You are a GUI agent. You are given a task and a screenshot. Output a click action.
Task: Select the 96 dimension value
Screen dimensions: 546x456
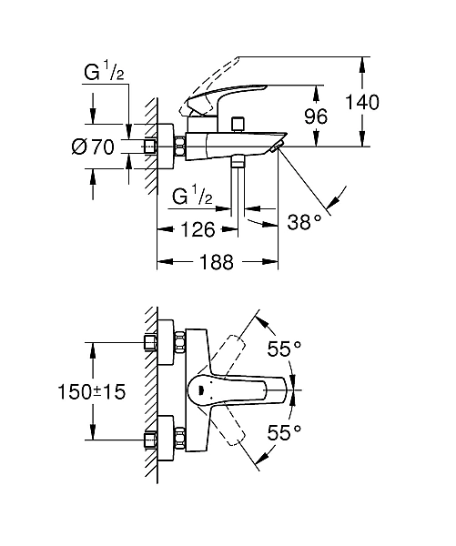[341, 116]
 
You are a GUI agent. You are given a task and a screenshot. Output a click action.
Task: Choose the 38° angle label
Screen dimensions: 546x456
[306, 221]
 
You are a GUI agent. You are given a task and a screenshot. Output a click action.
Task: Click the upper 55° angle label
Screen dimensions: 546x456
[285, 348]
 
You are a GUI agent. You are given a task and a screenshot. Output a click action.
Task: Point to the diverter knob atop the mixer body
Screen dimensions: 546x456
[239, 123]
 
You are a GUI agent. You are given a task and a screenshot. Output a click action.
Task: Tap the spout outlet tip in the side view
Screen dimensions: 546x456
[278, 145]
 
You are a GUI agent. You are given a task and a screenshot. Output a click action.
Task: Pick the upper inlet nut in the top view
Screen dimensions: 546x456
[151, 343]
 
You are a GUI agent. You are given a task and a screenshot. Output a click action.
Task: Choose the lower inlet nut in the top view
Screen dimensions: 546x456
[151, 440]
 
